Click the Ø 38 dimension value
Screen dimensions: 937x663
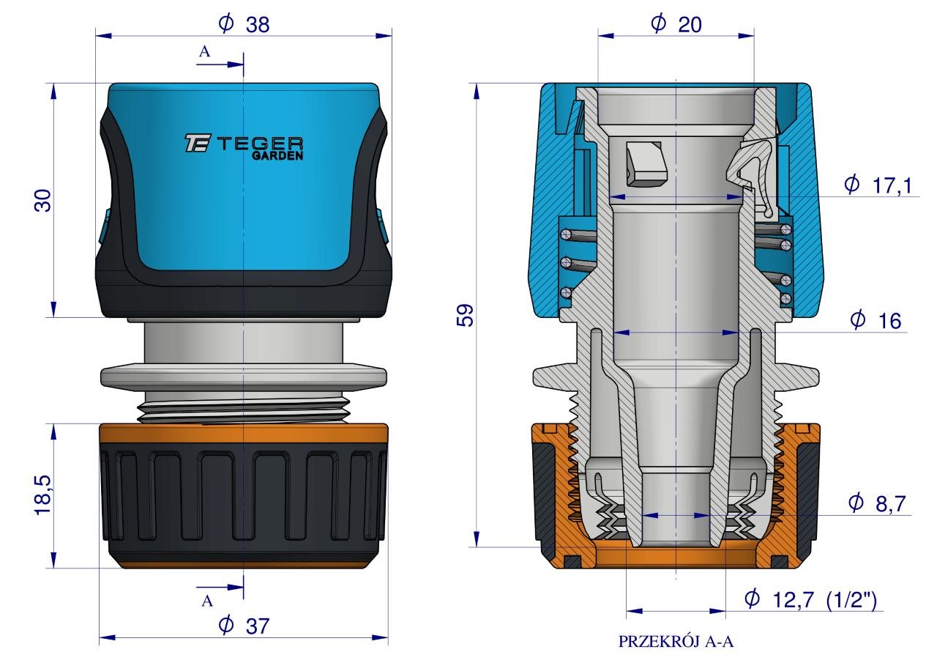244,24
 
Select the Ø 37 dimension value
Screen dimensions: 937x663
244,626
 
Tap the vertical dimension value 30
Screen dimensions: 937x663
43,200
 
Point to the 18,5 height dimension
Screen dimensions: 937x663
43,495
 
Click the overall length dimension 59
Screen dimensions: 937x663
465,315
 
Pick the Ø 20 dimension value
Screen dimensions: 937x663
676,24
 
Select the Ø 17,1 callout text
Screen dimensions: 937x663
878,185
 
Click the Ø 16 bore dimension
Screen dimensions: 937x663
876,321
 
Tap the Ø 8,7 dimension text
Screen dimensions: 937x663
877,503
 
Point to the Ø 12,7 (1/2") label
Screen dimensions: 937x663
810,599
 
